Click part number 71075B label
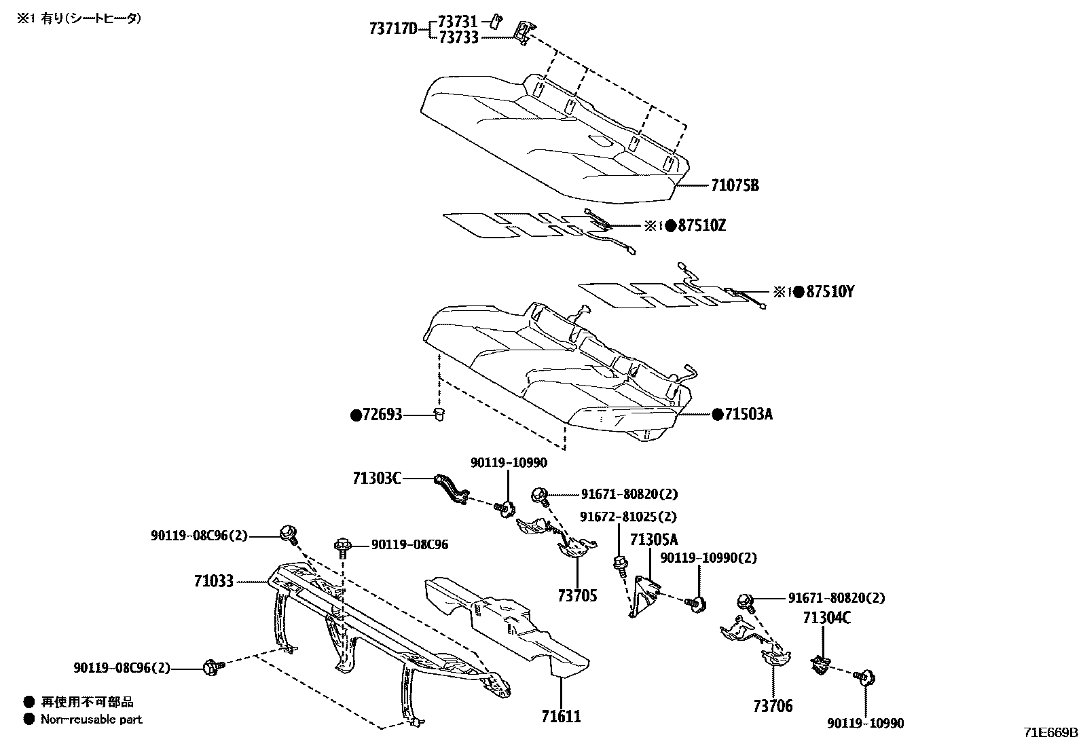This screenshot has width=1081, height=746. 735,185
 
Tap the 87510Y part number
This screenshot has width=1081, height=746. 830,292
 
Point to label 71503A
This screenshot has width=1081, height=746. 748,414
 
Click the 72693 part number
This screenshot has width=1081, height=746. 382,414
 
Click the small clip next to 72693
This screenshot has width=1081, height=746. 439,414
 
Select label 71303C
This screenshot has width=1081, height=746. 376,479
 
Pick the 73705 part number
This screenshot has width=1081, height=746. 577,595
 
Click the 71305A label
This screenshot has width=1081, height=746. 654,540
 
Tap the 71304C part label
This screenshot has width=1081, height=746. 826,618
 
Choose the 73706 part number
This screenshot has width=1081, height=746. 772,706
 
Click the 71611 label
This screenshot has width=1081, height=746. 561,715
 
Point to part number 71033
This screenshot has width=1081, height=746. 213,581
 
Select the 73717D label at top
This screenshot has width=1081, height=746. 393,29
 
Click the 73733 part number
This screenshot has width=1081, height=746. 458,37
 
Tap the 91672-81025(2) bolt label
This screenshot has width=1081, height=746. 628,517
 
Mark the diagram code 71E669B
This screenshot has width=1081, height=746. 1050,732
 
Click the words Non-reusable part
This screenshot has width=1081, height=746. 92,719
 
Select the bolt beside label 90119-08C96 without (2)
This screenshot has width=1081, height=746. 343,546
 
